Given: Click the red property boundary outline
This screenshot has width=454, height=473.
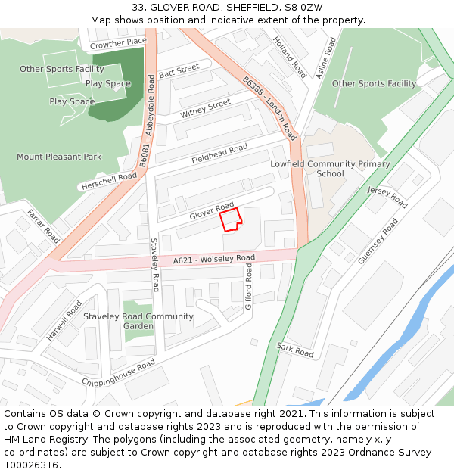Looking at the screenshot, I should click(x=230, y=219).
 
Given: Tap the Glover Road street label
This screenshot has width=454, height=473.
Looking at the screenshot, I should click(x=212, y=210).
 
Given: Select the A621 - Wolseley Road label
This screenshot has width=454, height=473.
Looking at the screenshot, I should click(x=214, y=260).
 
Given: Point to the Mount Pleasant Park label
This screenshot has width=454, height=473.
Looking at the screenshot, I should click(x=59, y=157).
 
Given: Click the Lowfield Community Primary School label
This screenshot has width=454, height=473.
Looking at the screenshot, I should click(x=331, y=169).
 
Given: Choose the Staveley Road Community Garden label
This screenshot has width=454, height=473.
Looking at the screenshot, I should click(x=138, y=321).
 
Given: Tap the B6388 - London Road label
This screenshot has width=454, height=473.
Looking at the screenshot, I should click(x=270, y=107).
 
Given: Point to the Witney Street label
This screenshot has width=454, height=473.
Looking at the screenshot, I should click(x=205, y=109).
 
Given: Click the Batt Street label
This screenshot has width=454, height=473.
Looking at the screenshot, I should click(x=179, y=70).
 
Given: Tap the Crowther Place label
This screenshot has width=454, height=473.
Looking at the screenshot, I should click(x=118, y=44).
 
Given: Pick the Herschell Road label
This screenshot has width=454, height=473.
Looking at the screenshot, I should click(x=107, y=182).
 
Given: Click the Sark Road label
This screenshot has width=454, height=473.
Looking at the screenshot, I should click(x=295, y=349).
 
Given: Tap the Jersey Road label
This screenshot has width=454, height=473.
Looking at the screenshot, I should click(x=387, y=197).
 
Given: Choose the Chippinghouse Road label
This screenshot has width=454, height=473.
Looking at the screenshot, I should click(x=119, y=372).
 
